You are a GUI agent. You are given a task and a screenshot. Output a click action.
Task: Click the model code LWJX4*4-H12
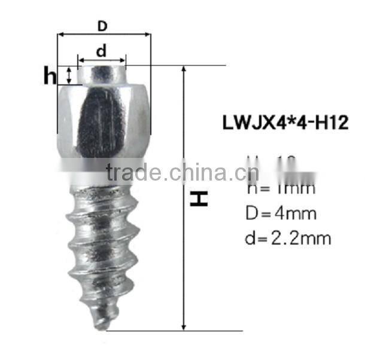285,123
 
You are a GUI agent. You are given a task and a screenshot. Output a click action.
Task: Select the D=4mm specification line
281,213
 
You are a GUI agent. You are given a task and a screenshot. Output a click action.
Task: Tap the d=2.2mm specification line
288,239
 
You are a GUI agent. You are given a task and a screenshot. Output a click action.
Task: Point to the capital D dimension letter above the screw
103,26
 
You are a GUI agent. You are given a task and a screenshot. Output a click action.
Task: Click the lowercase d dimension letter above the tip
101,51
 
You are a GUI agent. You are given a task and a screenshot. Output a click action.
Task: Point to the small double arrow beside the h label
69,75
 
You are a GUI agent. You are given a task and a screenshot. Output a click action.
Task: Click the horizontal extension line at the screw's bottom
150,330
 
